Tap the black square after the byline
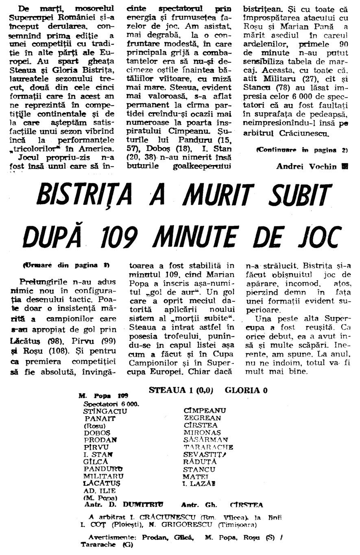pos(345,166)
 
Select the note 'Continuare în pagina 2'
pos(302,150)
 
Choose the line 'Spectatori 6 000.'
pos(111,404)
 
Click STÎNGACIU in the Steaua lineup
pos(105,411)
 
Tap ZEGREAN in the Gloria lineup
pos(202,418)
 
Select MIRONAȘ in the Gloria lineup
pos(202,432)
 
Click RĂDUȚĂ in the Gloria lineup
pos(200,461)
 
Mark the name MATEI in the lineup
pos(196,476)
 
